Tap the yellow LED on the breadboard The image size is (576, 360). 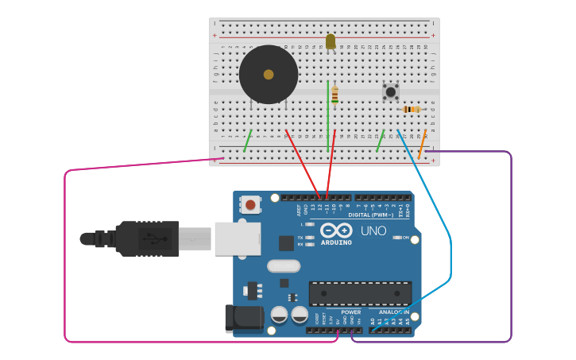click(x=331, y=41)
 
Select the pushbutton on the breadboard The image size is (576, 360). click(x=390, y=91)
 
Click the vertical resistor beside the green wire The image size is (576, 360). click(x=334, y=95)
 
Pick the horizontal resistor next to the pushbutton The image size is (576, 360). click(x=410, y=110)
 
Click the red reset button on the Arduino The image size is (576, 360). click(x=250, y=205)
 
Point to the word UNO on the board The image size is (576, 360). click(x=373, y=231)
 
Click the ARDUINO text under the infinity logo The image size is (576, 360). click(x=337, y=242)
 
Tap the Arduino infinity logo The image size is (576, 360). click(x=336, y=230)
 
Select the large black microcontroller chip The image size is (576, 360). click(x=360, y=293)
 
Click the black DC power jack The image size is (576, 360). click(x=243, y=318)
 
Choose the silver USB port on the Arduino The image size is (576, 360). click(x=237, y=238)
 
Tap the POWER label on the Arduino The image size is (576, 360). click(x=350, y=312)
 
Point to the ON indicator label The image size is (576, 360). click(x=405, y=238)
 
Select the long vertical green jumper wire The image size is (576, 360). click(x=327, y=115)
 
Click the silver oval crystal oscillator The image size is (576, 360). click(x=284, y=266)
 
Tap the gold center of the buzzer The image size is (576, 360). click(x=269, y=74)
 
